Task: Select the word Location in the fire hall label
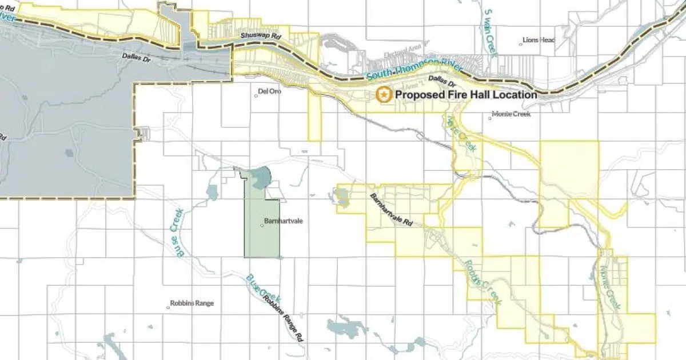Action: pos(513,95)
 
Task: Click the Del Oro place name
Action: pos(268,91)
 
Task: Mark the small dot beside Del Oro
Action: pos(256,95)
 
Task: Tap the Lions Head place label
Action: pos(539,40)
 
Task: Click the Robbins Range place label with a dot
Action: pos(192,303)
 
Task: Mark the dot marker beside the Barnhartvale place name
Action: pos(262,225)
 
